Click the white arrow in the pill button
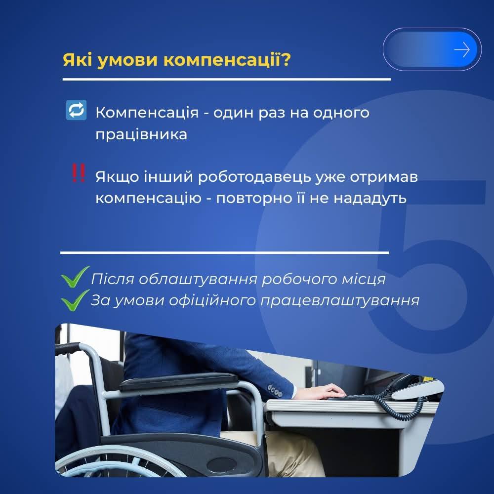(462, 50)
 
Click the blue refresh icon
(76, 110)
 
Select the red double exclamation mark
(78, 172)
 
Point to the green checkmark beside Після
(75, 277)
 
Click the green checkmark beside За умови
(75, 300)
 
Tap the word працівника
(141, 135)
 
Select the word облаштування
(198, 279)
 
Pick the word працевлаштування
(340, 300)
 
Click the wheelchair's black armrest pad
(178, 381)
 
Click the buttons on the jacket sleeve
(275, 391)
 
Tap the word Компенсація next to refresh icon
(147, 112)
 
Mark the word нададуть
(370, 199)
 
